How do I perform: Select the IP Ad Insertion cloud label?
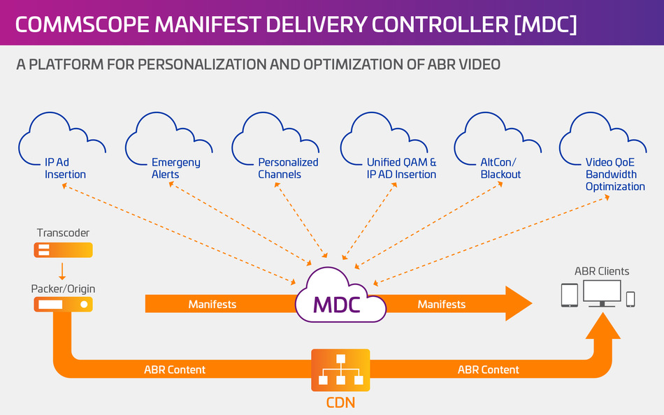click(65, 168)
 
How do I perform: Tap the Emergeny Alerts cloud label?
click(175, 168)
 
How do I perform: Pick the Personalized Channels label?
click(288, 168)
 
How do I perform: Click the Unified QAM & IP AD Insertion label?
click(401, 168)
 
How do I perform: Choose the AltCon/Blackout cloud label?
click(500, 168)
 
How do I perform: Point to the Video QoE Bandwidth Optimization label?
click(615, 174)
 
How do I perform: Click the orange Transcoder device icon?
click(64, 250)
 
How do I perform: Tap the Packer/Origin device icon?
click(64, 305)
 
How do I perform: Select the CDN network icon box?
click(340, 370)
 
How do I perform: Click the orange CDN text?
click(340, 402)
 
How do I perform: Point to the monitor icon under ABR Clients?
click(602, 293)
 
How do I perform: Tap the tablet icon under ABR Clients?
click(570, 296)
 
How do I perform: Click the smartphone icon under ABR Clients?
click(630, 299)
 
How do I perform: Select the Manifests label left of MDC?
click(212, 305)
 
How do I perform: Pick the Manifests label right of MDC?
click(442, 305)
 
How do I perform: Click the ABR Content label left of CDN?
click(175, 370)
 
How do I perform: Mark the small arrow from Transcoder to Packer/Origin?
click(64, 270)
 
